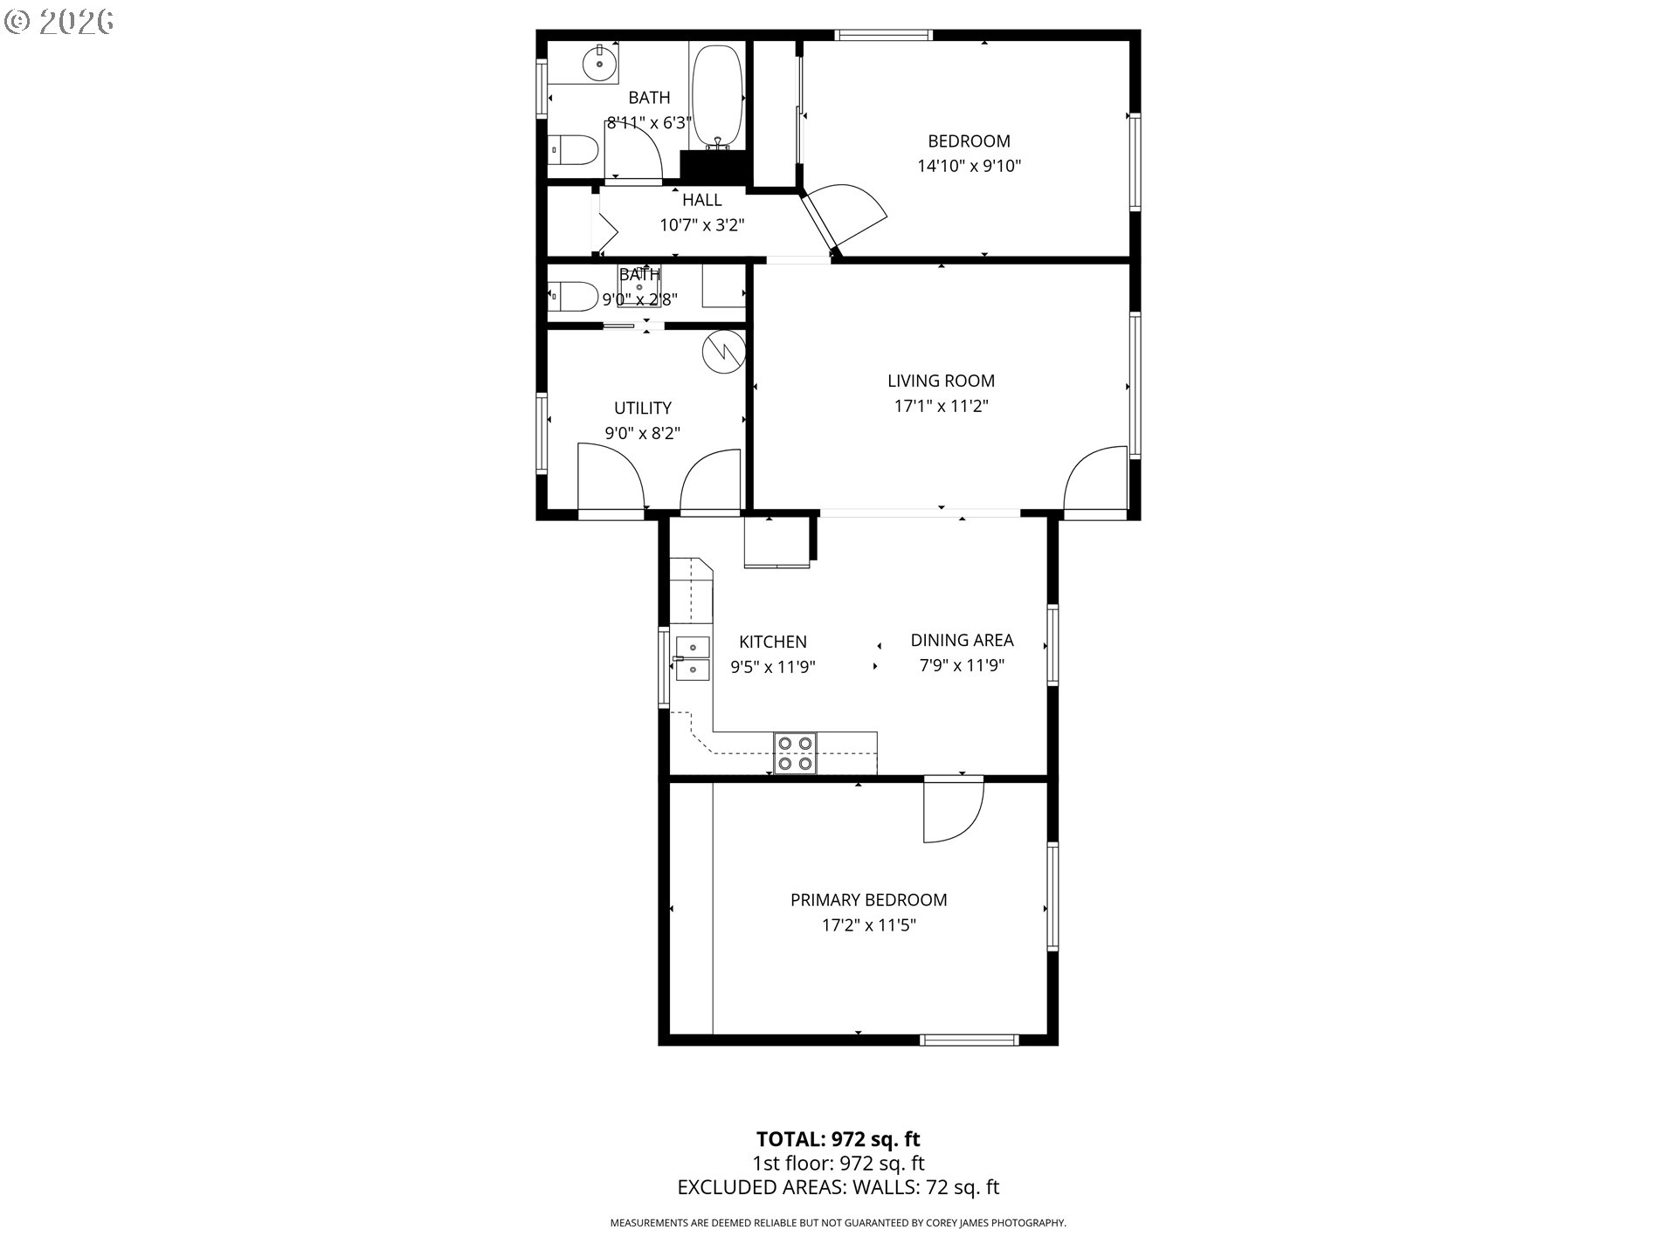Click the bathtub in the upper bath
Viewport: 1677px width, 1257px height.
point(717,97)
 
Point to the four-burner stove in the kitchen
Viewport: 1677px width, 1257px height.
point(795,753)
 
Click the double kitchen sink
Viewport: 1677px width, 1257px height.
point(693,658)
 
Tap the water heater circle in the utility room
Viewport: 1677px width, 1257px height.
point(723,351)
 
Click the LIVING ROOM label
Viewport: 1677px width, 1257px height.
point(941,381)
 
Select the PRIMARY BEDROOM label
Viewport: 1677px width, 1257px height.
point(868,900)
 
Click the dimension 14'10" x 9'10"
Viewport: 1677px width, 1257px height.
point(969,166)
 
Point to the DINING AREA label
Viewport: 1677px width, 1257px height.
point(962,640)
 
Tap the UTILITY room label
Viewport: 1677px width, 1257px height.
point(642,408)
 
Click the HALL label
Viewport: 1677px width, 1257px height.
point(701,200)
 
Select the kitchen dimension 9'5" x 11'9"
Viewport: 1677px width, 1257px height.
point(773,667)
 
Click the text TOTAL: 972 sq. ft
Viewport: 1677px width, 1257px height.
point(838,1139)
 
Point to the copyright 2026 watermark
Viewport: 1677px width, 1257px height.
point(59,22)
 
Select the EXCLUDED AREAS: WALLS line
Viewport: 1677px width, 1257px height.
point(838,1187)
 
